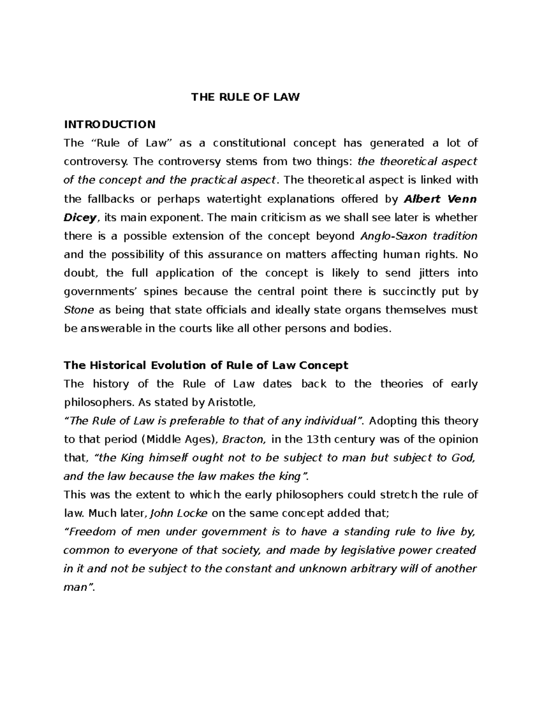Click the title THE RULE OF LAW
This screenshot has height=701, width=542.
click(245, 97)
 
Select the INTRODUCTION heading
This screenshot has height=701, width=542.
click(110, 124)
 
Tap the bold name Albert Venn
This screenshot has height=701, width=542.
click(440, 199)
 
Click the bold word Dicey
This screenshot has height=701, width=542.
click(80, 218)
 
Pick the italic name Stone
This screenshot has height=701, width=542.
click(79, 310)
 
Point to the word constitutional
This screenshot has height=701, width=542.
click(249, 143)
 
